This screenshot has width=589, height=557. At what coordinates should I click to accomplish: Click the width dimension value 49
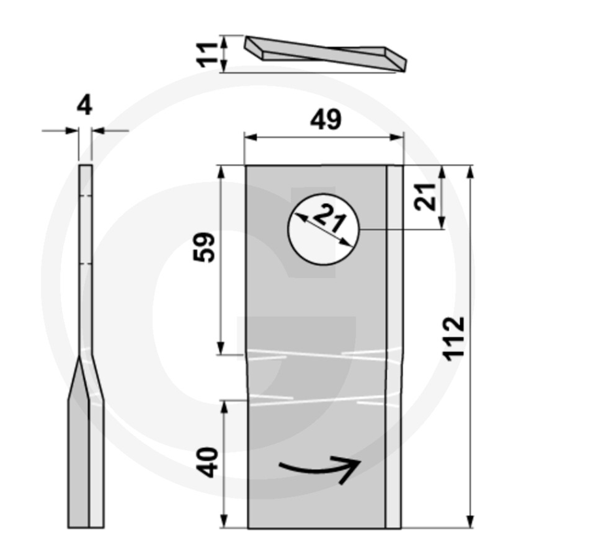[325, 120]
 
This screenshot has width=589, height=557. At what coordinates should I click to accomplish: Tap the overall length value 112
[454, 337]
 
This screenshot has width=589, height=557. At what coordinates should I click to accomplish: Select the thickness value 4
[84, 105]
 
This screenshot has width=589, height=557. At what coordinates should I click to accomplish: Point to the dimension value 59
[204, 247]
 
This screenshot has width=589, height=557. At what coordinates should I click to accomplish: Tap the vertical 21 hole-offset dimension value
[426, 197]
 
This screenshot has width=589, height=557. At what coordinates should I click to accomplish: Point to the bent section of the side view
[85, 379]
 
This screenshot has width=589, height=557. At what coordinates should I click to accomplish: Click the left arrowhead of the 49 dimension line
[249, 137]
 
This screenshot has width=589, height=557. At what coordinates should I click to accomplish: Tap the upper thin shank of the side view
[86, 261]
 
